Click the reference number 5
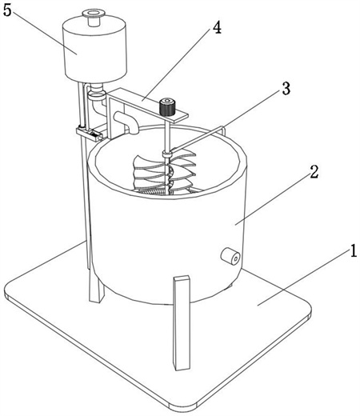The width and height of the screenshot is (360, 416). (x=7, y=10)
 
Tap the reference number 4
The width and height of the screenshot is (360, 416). (x=217, y=27)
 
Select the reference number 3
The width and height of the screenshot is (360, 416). (x=286, y=89)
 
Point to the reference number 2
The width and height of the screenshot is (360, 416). (x=314, y=172)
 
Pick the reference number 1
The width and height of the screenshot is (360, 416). (x=353, y=250)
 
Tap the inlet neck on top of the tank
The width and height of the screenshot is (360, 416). (x=93, y=18)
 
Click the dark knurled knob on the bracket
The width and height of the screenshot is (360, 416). (x=166, y=107)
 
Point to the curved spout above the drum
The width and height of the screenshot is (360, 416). (x=127, y=122)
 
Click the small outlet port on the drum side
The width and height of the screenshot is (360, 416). (x=230, y=256)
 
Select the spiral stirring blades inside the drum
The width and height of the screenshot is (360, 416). (x=165, y=173)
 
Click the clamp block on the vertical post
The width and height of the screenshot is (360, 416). (x=90, y=134)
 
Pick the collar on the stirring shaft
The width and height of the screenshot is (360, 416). (x=166, y=154)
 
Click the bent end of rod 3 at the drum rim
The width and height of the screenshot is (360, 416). (x=223, y=130)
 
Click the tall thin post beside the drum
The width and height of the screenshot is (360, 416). (x=83, y=186)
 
